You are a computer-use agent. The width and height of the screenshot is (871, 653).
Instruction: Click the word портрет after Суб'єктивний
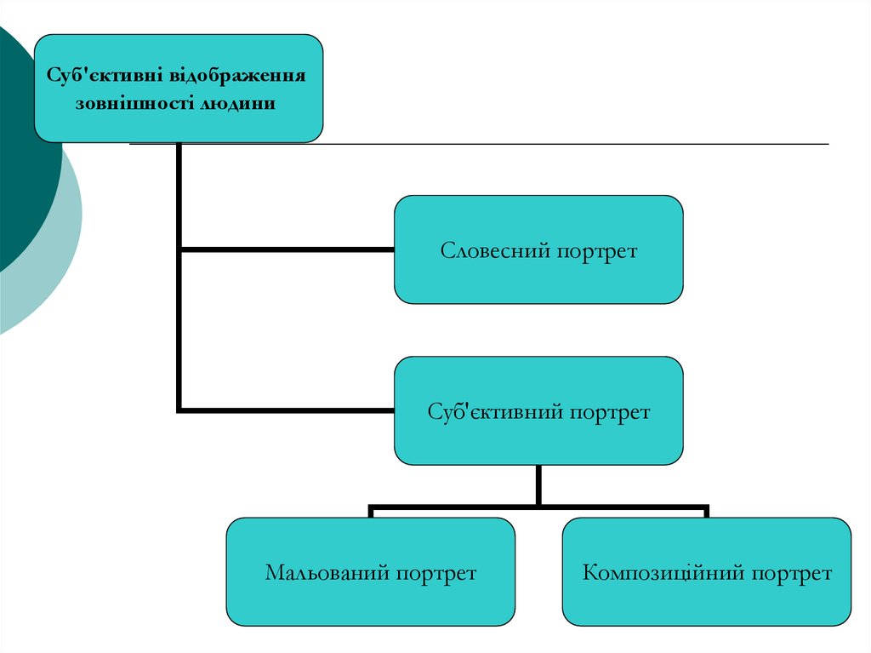click(x=610, y=412)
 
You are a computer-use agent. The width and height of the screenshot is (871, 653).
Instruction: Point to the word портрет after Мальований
click(x=435, y=573)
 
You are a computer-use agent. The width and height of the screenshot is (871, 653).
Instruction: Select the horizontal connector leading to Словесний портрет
click(x=289, y=249)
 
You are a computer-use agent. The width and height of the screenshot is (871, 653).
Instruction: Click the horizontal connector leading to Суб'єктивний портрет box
click(x=289, y=410)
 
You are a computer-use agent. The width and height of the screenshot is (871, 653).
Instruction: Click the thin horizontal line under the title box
click(x=578, y=144)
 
